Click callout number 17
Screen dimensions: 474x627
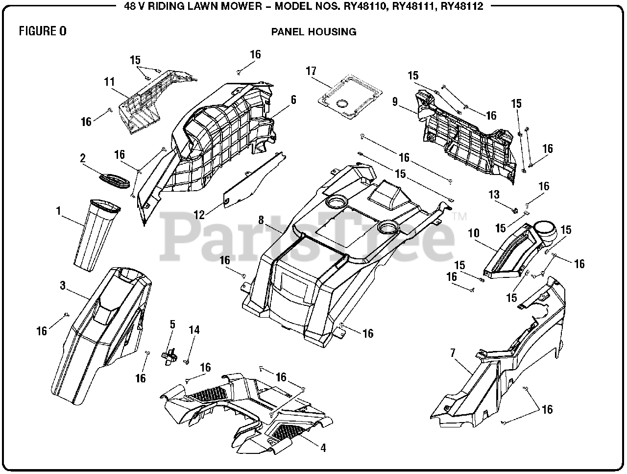click(312, 71)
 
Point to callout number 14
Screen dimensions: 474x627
click(194, 330)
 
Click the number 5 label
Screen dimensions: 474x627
click(172, 324)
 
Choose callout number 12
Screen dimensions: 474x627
click(199, 214)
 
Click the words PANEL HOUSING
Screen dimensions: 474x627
click(313, 32)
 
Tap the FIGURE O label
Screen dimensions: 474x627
click(43, 31)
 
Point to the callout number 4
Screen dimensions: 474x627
click(323, 448)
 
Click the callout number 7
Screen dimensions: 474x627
click(453, 352)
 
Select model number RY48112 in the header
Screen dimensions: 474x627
click(462, 6)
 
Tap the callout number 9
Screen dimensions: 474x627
click(394, 102)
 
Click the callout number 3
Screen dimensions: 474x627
click(63, 285)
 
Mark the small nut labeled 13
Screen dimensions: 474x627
click(515, 210)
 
